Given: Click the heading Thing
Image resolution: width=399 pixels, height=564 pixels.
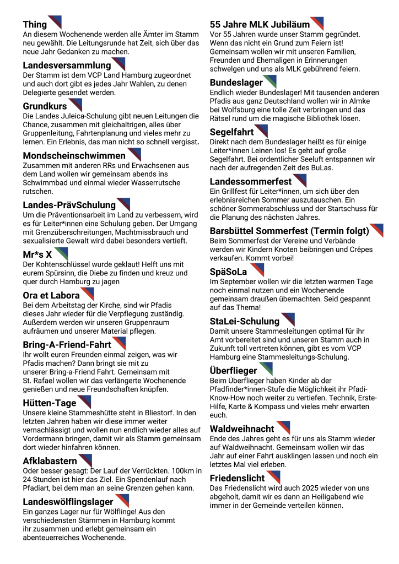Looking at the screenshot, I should tap(35, 25).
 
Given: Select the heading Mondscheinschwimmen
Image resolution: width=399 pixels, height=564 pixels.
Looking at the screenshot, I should tap(74, 156).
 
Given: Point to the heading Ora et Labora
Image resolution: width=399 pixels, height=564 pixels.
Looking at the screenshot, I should tap(51, 295).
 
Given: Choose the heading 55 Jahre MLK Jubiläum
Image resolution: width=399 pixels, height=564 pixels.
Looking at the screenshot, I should tap(259, 25).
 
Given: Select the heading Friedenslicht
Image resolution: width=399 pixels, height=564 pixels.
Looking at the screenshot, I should tap(237, 478).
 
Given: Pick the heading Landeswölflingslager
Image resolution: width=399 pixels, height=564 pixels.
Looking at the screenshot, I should tap(68, 502).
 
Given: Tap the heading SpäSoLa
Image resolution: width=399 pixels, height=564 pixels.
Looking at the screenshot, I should tap(228, 272).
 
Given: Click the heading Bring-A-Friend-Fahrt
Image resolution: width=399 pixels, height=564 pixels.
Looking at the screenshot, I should tap(67, 345).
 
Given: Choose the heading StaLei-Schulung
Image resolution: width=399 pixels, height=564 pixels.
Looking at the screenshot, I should tap(245, 321).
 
